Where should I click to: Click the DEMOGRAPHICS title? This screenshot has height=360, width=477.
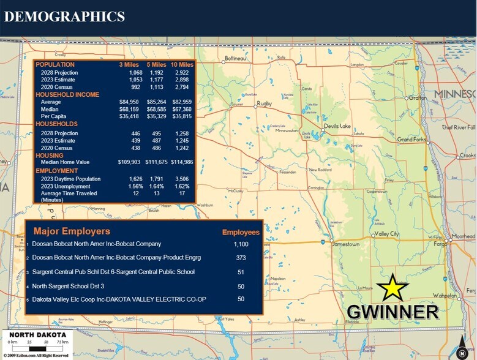pos(64,17)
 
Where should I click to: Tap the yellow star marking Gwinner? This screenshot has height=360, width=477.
pos(392,288)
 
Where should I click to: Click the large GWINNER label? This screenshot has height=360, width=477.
pos(392,312)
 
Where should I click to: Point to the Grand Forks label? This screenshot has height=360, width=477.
pos(412,140)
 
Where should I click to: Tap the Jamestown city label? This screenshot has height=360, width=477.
pos(345,244)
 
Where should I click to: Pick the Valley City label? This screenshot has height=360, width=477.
pos(386,234)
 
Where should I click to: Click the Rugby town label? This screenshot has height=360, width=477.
pos(264,103)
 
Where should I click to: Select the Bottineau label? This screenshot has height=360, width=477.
pos(235,59)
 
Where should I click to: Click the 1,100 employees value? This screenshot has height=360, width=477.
pos(241,244)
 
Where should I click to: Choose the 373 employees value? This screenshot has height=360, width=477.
pos(241,258)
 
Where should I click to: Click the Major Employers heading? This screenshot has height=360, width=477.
pos(72,231)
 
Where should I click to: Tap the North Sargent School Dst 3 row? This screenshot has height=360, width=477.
pos(68,286)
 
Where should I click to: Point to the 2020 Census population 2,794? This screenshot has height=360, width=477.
pos(182,87)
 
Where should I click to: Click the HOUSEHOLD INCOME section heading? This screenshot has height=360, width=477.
pos(67,95)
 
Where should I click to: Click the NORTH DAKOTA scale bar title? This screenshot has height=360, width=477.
pos(37,336)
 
